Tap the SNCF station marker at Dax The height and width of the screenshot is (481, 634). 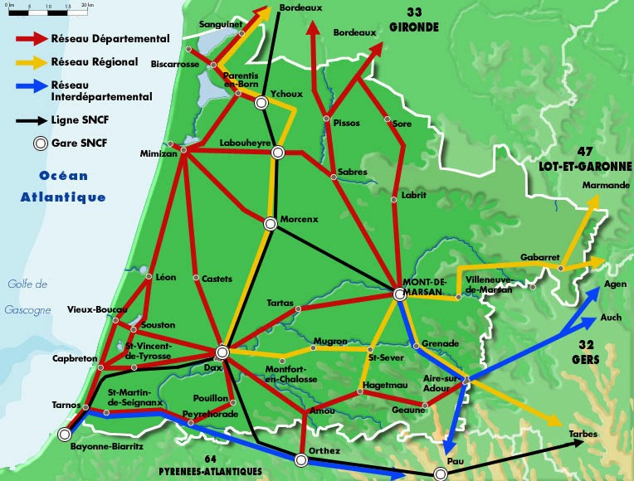[x=222, y=352]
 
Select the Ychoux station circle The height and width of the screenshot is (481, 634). [x=261, y=103]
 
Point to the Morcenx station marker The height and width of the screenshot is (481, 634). [x=270, y=223]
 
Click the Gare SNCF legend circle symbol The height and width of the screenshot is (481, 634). [x=38, y=143]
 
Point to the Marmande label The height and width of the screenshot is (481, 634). [x=606, y=185]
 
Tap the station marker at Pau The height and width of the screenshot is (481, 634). [x=441, y=473]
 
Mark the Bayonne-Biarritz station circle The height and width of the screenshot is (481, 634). [x=65, y=433]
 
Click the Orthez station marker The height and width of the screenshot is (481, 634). [x=300, y=460]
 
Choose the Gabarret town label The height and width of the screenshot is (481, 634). [x=540, y=256]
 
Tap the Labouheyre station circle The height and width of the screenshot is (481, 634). [x=278, y=152]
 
